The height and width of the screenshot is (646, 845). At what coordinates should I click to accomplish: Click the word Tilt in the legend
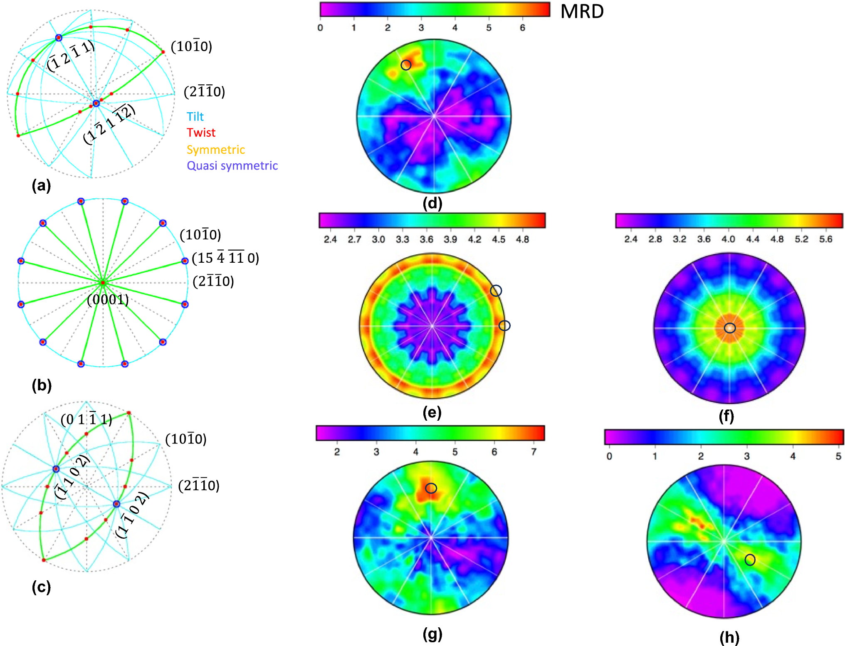point(195,116)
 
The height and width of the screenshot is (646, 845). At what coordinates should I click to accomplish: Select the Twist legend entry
point(201,133)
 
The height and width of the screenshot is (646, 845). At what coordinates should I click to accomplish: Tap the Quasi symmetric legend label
point(232,165)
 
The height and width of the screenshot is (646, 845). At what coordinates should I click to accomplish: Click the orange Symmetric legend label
point(215,149)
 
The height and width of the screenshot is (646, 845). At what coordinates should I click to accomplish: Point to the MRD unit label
point(582,12)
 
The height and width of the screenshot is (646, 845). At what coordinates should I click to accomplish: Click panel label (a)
point(41,185)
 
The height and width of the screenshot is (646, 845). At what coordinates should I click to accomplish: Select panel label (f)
point(726,416)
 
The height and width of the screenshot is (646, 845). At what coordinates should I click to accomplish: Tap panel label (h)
point(729,637)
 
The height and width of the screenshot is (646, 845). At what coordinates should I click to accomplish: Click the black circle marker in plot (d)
point(406,65)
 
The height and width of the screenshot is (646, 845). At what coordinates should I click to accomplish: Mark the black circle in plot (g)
point(431,488)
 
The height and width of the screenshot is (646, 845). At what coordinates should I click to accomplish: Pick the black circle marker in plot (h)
point(750,560)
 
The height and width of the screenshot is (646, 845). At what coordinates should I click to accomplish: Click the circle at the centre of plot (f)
point(729,328)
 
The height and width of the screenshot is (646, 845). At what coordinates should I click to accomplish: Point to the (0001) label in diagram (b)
point(108,299)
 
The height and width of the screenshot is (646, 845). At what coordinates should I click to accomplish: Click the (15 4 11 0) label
point(225,258)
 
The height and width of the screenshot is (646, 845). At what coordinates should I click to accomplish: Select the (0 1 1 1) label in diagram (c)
point(86,419)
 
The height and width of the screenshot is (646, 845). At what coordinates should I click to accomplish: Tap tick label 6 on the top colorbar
point(522,28)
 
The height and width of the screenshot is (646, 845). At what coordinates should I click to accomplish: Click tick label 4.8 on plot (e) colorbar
point(522,239)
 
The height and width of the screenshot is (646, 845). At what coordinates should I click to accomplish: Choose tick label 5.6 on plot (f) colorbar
point(825,239)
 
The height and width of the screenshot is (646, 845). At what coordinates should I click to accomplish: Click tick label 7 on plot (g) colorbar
point(534,452)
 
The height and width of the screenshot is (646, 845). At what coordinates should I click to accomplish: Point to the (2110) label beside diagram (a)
point(205,91)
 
